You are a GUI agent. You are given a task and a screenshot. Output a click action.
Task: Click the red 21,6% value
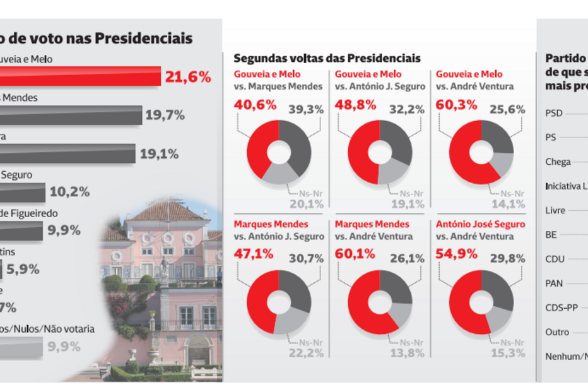point(187,77)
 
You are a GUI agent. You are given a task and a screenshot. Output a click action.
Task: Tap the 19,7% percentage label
point(165,115)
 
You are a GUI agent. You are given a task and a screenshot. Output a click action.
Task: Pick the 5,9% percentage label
point(22,269)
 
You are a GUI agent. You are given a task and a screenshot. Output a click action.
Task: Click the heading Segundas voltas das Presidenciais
point(327,58)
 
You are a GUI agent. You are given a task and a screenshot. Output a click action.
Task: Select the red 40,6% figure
point(255,105)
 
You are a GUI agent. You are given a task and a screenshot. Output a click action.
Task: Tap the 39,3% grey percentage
point(306,109)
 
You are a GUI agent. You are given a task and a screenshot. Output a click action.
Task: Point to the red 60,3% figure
point(456,105)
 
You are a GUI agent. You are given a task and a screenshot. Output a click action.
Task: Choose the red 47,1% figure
point(255,254)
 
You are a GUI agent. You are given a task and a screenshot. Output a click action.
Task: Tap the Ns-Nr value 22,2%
point(306,353)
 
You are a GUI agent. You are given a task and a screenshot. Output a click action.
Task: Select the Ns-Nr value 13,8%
point(407,353)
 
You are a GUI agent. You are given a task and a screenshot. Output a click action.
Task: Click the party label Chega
point(558,162)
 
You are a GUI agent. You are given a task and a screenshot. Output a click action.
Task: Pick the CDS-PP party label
point(561,308)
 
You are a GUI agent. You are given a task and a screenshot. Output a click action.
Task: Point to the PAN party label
point(554,283)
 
